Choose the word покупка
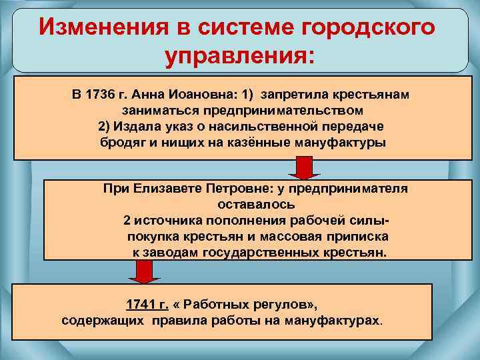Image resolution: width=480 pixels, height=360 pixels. (x=150, y=237)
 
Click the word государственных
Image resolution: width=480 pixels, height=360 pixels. (x=266, y=253)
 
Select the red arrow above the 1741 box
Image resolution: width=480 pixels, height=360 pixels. (x=141, y=272)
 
